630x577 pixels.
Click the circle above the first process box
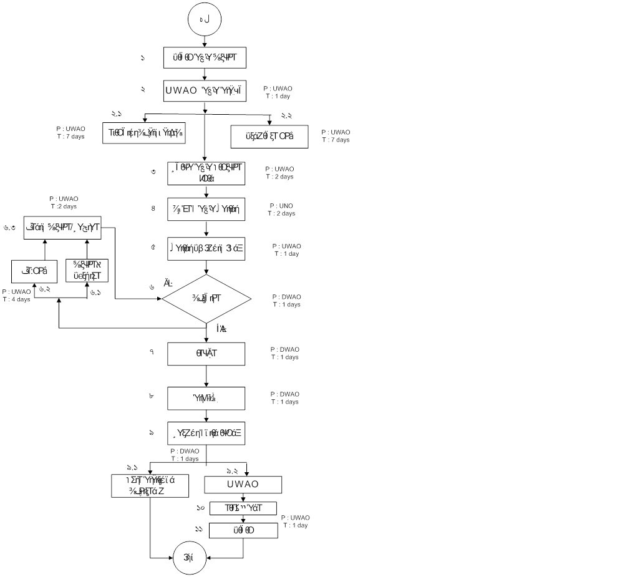pos(205,20)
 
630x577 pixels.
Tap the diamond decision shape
pos(206,299)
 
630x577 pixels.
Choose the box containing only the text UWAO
pos(243,485)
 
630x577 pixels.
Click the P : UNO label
pos(281,206)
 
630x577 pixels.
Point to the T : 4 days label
pos(16,299)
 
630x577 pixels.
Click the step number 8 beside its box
pos(153,208)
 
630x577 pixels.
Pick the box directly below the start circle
pos(205,58)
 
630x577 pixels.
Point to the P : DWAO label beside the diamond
pos(286,297)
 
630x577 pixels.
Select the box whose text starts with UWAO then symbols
pos(205,91)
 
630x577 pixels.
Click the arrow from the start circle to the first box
pos(205,41)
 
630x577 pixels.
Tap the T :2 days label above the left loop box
pos(64,206)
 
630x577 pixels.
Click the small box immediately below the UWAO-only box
pos(243,508)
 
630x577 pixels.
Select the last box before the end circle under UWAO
pos(243,530)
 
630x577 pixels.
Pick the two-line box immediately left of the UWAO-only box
pos(150,487)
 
